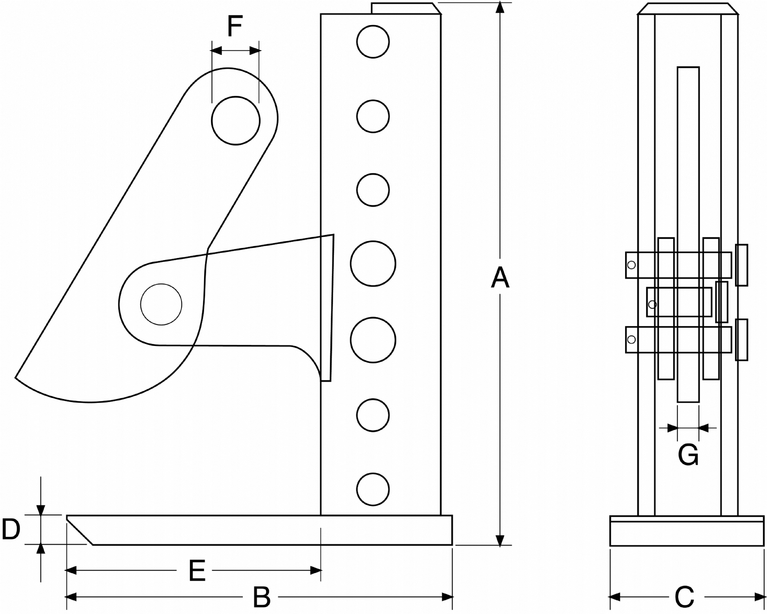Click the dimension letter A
tap(500, 277)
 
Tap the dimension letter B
tap(262, 597)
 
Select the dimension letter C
tap(685, 597)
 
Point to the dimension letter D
tap(11, 530)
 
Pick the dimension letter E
tap(197, 571)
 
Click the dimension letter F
tap(235, 26)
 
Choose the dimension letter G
tap(688, 455)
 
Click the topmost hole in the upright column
tap(373, 42)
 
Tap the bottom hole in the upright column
tap(373, 489)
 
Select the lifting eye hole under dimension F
tap(236, 121)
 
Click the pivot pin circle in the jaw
tap(161, 305)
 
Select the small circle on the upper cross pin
tap(631, 265)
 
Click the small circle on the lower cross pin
tap(631, 340)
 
